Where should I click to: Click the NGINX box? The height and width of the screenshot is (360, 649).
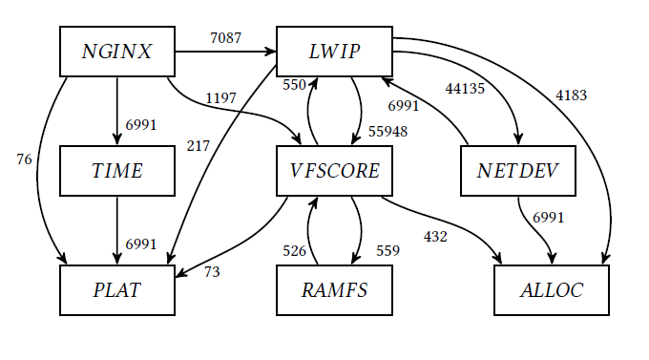pos(117,52)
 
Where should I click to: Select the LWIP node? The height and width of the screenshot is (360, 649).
pos(334,52)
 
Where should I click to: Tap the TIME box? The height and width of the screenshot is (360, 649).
pos(117,171)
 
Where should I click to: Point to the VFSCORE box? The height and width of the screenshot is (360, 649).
pos(334,171)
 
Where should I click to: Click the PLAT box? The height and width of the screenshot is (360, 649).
pos(117,290)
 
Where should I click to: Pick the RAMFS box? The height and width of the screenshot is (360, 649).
pos(334,290)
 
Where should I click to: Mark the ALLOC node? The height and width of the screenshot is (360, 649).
pos(552,290)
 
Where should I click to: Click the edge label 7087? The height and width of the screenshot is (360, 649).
pos(225,38)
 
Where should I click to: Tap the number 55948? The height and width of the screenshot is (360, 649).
pos(388,131)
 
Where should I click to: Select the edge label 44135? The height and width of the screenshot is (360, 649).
pos(465,89)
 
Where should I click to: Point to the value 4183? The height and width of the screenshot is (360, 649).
pos(572,95)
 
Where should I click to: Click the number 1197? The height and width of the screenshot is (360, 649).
pos(220,98)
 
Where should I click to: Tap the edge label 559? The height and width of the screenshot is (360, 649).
pos(387,251)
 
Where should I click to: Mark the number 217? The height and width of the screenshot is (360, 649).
pos(199,145)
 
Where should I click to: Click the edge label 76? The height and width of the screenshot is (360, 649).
pos(25,159)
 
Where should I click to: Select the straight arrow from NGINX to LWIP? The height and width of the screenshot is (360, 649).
pos(225,52)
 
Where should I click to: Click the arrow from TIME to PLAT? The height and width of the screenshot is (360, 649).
pos(117,229)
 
